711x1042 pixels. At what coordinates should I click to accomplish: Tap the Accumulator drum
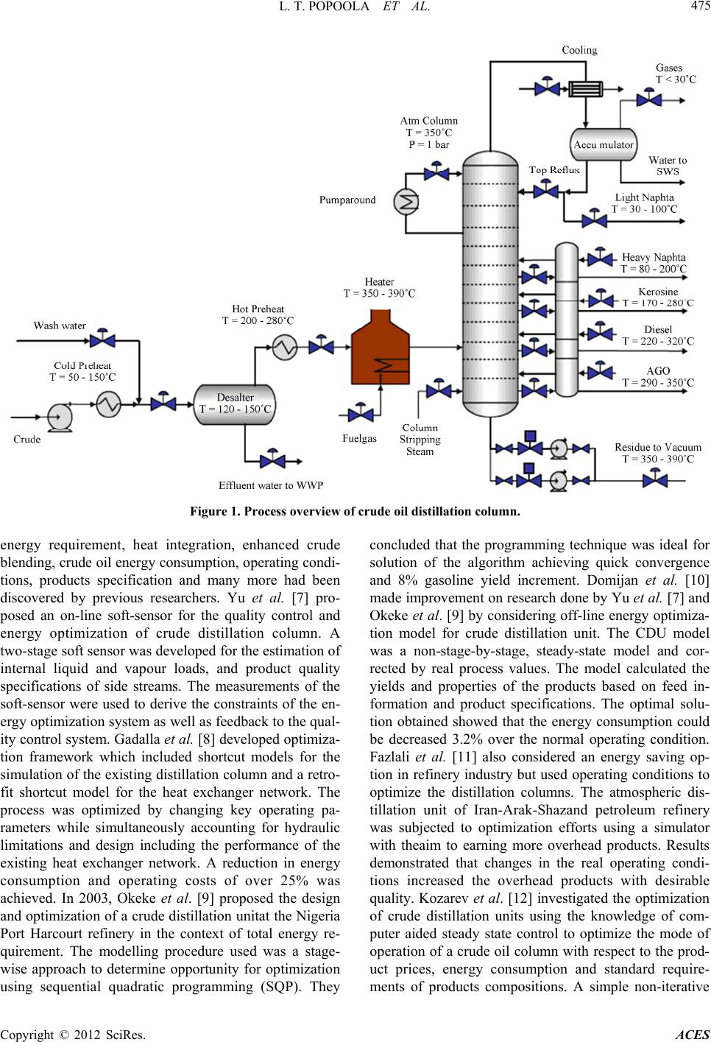coord(603,144)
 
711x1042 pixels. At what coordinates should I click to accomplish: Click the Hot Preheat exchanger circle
coord(283,347)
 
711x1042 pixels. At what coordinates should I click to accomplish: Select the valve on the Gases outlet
coord(648,96)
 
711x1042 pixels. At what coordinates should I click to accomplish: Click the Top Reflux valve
coord(545,189)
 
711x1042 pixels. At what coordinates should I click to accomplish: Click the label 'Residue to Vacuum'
coord(657,447)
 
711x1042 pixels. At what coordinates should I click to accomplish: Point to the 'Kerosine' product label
coord(658,292)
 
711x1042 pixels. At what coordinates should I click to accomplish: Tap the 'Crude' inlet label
coord(27,439)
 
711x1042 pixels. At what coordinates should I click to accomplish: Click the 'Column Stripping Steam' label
coord(420,440)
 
